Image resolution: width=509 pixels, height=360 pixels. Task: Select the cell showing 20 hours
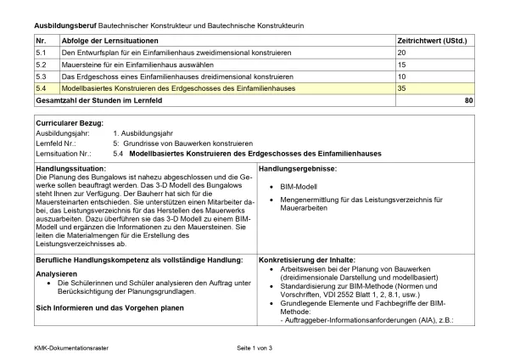402,53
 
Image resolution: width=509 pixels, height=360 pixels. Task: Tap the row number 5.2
42,65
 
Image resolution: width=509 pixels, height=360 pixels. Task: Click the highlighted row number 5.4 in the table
42,88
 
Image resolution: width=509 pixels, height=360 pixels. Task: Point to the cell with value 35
402,88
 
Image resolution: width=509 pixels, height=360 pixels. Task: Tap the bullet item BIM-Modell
299,184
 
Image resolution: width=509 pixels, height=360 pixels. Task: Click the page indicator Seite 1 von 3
255,348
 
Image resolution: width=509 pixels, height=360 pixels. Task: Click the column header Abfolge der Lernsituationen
112,40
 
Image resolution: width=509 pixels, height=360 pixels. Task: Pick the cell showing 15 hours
402,65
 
